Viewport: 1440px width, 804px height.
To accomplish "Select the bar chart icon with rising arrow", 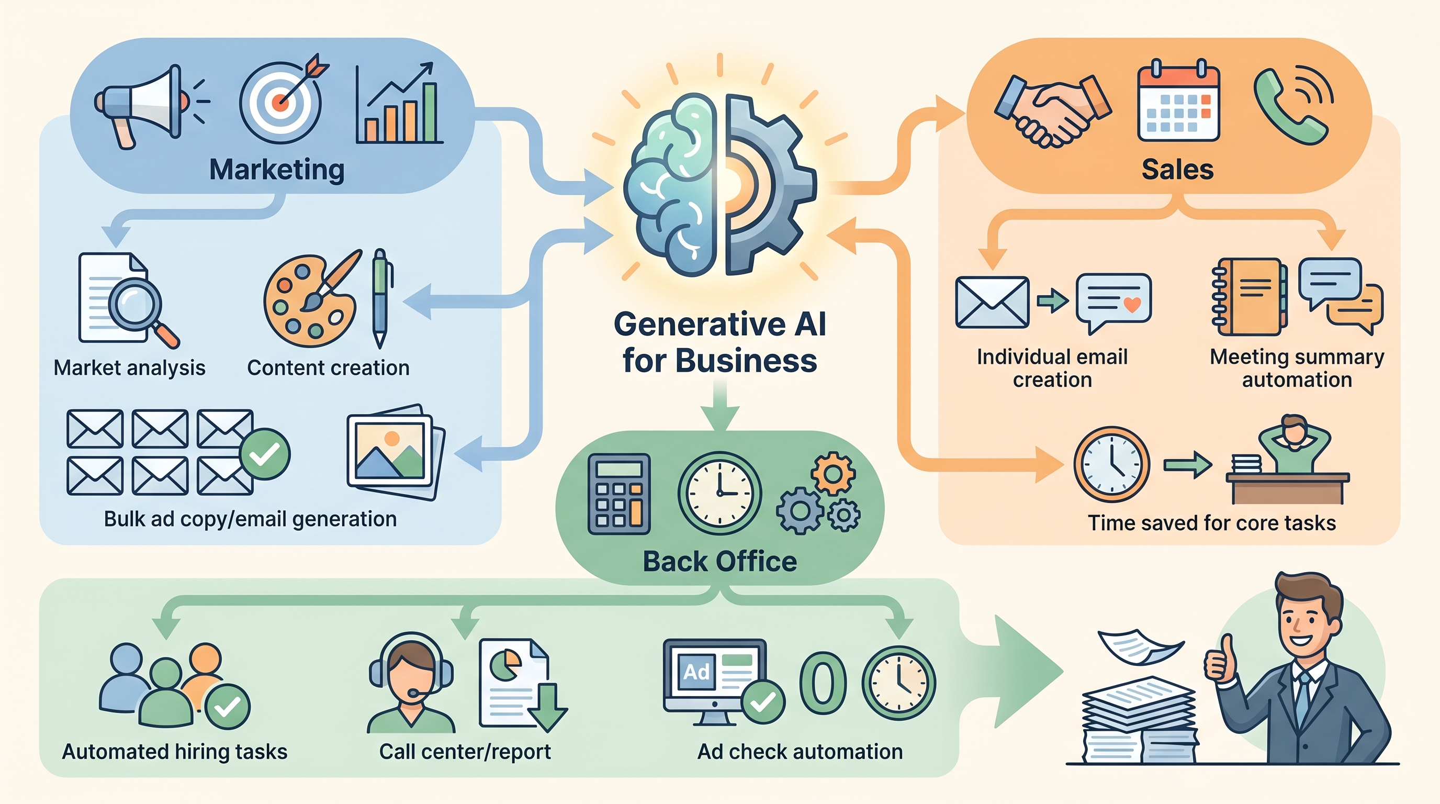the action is [399, 103].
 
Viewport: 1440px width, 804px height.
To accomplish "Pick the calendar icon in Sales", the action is [1178, 102].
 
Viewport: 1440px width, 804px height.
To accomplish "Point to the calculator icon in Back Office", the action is [619, 494].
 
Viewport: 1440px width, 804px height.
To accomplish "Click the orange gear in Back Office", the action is [833, 474].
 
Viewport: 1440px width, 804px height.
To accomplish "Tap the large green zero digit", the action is [823, 682].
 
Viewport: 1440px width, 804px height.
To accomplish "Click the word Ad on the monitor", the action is [696, 672].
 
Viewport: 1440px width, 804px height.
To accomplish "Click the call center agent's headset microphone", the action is [414, 694].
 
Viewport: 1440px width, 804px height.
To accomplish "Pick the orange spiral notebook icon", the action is [1249, 296].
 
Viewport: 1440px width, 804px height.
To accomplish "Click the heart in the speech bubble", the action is [1132, 304].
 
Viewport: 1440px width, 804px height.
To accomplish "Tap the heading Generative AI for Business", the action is [720, 342].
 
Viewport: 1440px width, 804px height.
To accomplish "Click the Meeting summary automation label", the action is [1297, 368].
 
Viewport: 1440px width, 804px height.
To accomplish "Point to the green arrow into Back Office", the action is [720, 406].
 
